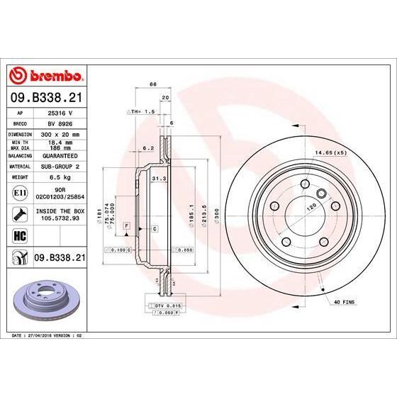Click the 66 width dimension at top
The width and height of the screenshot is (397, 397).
tap(152, 84)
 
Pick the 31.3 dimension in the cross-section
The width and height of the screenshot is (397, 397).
tap(158, 179)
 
